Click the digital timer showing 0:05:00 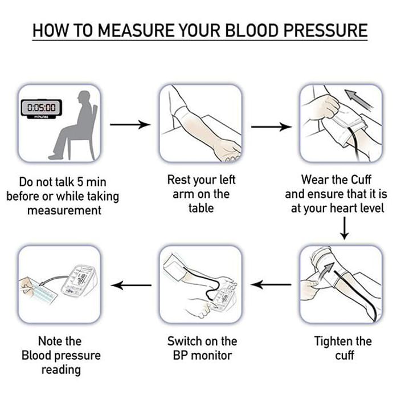coord(42,109)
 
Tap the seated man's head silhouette coord(84,97)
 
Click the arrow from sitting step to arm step coord(130,125)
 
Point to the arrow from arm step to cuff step coord(272,127)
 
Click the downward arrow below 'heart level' coord(345,228)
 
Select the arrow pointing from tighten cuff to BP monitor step coord(271,284)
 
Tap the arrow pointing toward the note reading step coord(132,285)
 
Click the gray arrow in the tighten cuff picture coord(326,271)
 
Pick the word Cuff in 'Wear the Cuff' coord(361,180)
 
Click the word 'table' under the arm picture coord(201,208)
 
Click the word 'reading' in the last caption coord(62,370)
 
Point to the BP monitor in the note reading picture coord(80,280)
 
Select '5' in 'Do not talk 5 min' coord(80,182)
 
